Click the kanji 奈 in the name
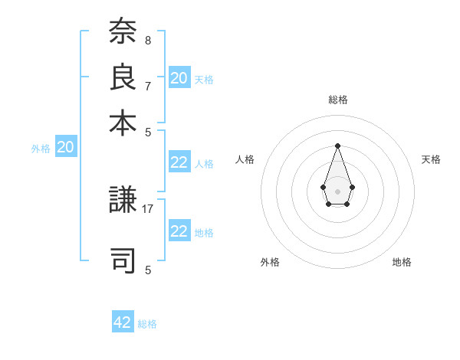pos(123,32)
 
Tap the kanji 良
pos(123,77)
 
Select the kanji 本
pos(123,122)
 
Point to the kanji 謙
pos(123,201)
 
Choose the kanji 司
pos(123,258)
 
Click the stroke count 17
pos(148,208)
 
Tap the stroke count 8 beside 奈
pos(148,40)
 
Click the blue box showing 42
pos(123,322)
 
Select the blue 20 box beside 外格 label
pos(66,148)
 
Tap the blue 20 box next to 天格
pos(179,78)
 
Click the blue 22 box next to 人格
pos(179,162)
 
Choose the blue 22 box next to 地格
pos(179,231)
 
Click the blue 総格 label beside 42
pos(147,324)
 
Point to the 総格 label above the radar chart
pos(337,100)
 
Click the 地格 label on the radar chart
pos(402,262)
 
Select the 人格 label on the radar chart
pos(245,159)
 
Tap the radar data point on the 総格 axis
pos(337,146)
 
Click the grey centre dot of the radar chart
pos(337,191)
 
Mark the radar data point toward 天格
pos(352,187)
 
